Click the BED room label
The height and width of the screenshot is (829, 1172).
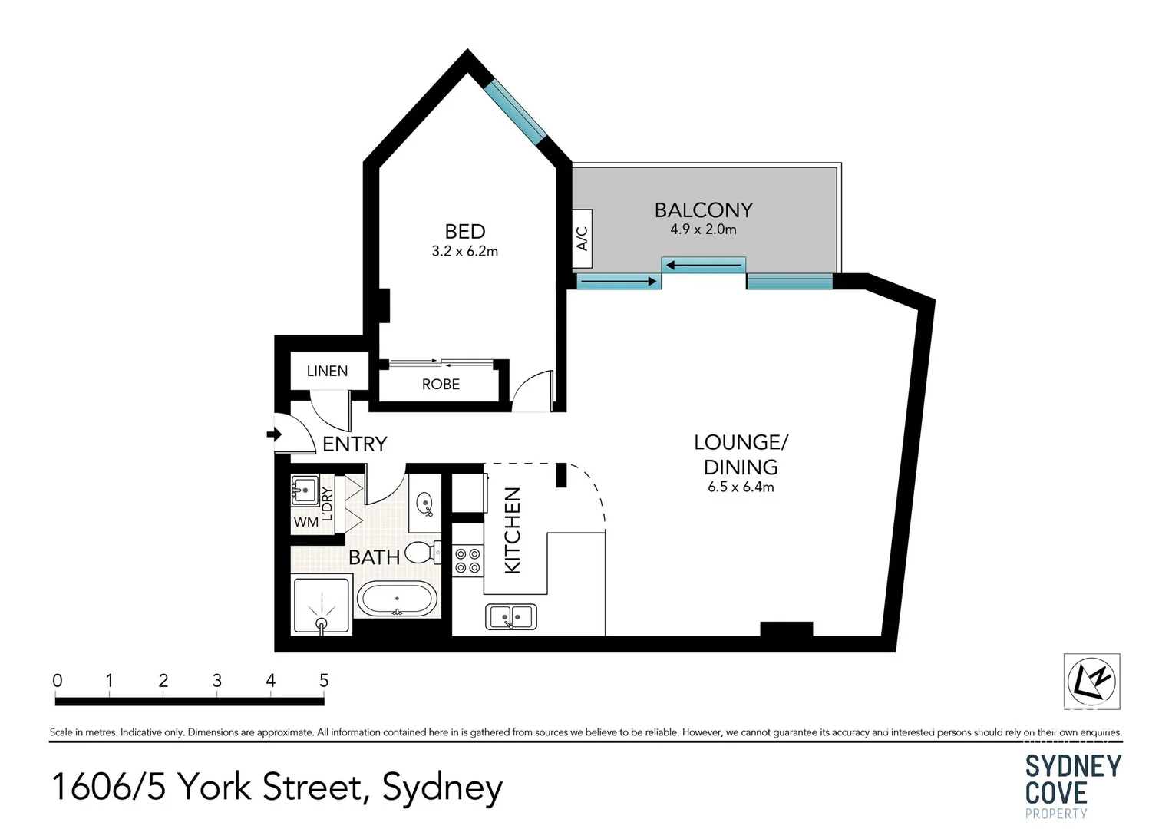click(464, 231)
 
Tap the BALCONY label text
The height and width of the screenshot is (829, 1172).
click(703, 210)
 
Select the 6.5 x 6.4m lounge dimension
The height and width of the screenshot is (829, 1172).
click(741, 487)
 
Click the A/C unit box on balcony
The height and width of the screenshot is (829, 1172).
click(582, 239)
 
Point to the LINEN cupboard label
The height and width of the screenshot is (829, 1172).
click(327, 371)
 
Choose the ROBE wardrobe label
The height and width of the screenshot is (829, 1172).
click(441, 384)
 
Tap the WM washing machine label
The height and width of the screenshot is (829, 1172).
click(305, 522)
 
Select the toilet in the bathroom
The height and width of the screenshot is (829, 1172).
click(421, 553)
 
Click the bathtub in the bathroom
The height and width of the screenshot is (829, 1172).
click(397, 599)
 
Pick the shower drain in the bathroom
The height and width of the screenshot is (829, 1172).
click(322, 623)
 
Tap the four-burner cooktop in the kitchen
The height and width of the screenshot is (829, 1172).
click(467, 560)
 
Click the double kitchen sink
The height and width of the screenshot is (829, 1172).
click(511, 616)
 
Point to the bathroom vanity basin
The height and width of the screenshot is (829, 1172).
click(424, 504)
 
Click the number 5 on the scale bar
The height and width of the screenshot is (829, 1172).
click(324, 680)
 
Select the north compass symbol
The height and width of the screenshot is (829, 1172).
click(1091, 680)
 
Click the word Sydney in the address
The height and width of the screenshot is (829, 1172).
click(442, 788)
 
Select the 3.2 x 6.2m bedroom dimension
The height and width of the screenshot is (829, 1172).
click(464, 251)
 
